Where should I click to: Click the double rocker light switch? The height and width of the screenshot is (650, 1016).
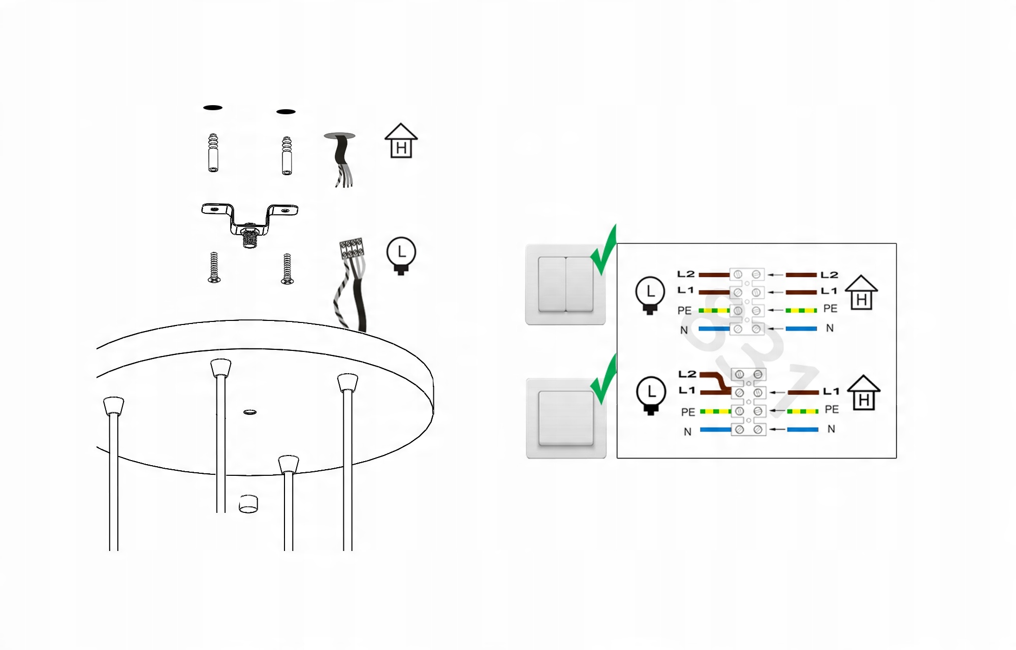click(565, 284)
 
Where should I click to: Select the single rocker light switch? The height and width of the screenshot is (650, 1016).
click(566, 418)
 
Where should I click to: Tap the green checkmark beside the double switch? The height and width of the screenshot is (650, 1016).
click(604, 250)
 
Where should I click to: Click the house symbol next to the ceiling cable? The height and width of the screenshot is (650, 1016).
click(401, 141)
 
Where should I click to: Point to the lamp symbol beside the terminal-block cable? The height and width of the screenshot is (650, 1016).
click(401, 255)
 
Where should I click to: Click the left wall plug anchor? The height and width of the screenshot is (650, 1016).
click(213, 153)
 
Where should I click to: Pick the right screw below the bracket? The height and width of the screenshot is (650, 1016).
click(287, 269)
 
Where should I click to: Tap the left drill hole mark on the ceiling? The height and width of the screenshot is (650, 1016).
click(213, 108)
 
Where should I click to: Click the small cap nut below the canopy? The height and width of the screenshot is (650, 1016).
click(248, 504)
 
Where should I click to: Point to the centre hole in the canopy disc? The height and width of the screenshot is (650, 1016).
click(250, 412)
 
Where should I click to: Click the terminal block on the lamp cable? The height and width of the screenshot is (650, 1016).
click(352, 248)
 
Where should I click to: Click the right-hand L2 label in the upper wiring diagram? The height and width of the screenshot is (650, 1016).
click(829, 275)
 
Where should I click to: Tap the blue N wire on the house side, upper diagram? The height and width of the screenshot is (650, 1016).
click(801, 329)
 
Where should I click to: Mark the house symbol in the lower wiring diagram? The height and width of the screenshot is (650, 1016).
click(864, 393)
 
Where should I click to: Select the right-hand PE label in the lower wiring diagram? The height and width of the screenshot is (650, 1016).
click(832, 409)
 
